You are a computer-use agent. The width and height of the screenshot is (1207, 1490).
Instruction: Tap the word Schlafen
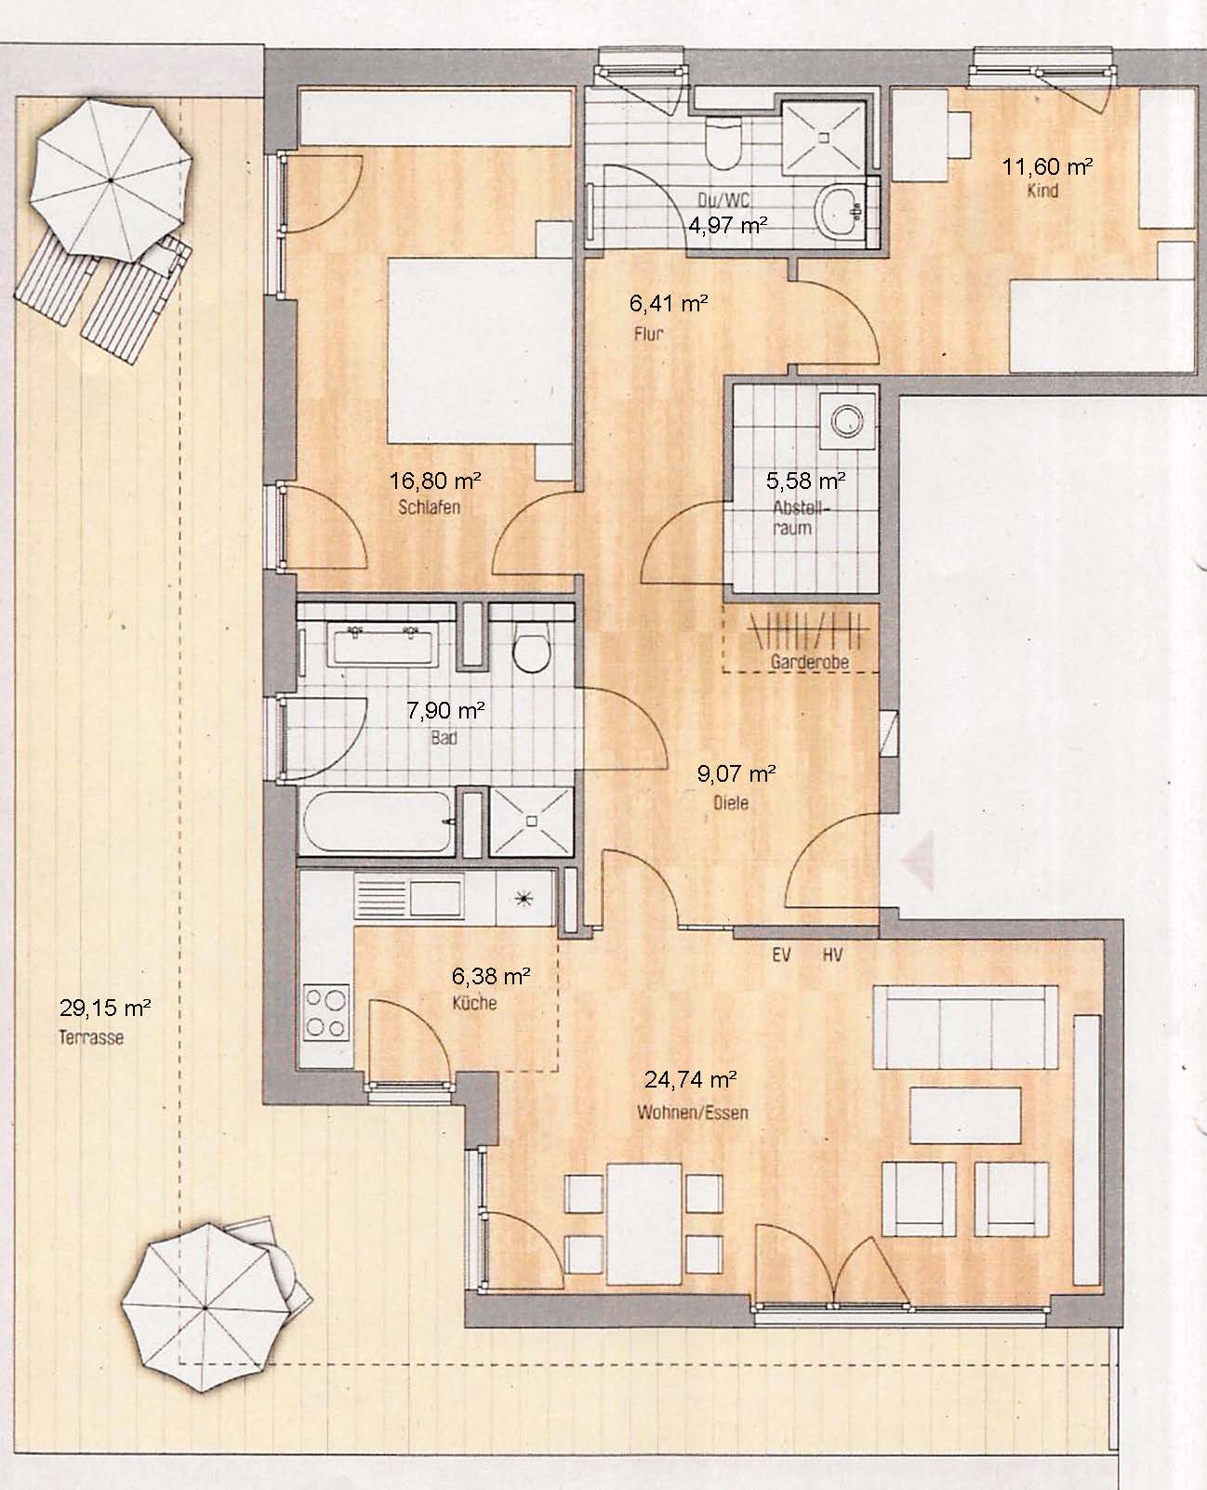point(430,508)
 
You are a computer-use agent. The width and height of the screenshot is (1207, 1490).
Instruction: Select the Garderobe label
point(810,661)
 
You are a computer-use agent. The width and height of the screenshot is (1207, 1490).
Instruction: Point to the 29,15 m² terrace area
point(105,1008)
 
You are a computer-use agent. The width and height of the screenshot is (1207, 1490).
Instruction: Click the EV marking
point(782,955)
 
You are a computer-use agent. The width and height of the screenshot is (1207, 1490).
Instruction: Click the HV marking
point(832,955)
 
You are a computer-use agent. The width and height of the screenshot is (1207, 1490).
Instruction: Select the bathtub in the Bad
point(377,822)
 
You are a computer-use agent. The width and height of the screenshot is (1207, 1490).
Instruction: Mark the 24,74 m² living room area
point(690,1079)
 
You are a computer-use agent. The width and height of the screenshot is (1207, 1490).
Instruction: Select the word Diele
point(731,802)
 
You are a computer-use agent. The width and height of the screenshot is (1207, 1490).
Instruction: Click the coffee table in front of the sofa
point(965,1114)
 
